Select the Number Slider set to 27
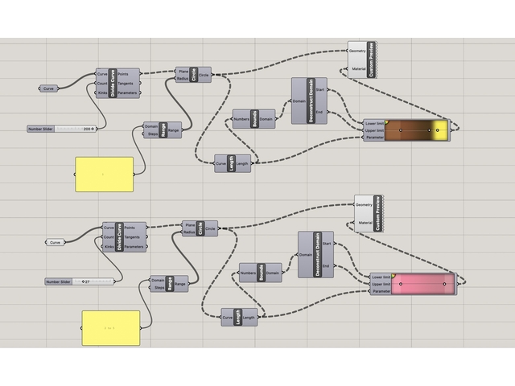tap(79, 281)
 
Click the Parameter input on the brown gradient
tap(374, 137)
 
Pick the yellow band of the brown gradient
tap(439, 129)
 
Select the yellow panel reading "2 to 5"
tap(110, 329)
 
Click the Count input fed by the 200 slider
tap(101, 83)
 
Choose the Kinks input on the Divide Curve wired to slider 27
tap(109, 247)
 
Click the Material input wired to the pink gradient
tap(364, 223)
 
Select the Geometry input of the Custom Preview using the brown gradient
tap(358, 51)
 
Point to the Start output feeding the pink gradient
tap(328, 244)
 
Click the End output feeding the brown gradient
tap(321, 112)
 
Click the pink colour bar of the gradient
tap(422, 283)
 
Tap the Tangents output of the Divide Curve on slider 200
tap(126, 83)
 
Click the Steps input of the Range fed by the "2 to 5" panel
tap(158, 288)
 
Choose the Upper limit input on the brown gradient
tap(374, 129)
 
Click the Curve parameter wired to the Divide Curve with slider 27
tap(55, 242)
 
